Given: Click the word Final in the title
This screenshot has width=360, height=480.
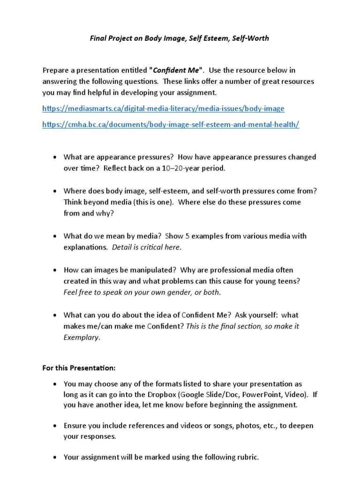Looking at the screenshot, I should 98,38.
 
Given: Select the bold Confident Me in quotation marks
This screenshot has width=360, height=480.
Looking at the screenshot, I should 176,70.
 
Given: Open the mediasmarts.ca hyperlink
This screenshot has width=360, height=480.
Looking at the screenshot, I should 163,108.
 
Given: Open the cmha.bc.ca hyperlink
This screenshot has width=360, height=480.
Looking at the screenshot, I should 171,124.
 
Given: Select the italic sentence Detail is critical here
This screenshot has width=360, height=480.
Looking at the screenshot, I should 146,247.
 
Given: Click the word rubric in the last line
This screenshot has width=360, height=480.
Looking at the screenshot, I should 247,457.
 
